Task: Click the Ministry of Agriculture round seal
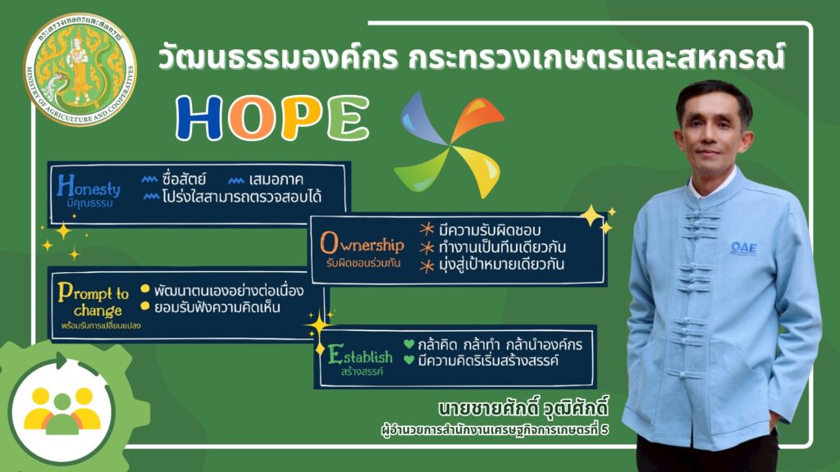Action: (x=80, y=70)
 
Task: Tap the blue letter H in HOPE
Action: (x=199, y=118)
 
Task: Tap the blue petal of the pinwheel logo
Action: (x=422, y=119)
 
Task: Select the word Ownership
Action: (x=362, y=243)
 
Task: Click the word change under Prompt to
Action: (x=98, y=311)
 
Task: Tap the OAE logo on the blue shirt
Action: (x=744, y=247)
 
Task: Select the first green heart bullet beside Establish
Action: (x=409, y=344)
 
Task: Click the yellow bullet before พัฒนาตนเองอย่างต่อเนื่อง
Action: (x=144, y=289)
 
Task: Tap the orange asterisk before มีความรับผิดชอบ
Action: (x=427, y=229)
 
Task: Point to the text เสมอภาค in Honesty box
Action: (x=276, y=179)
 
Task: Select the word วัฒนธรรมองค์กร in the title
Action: (x=278, y=57)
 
